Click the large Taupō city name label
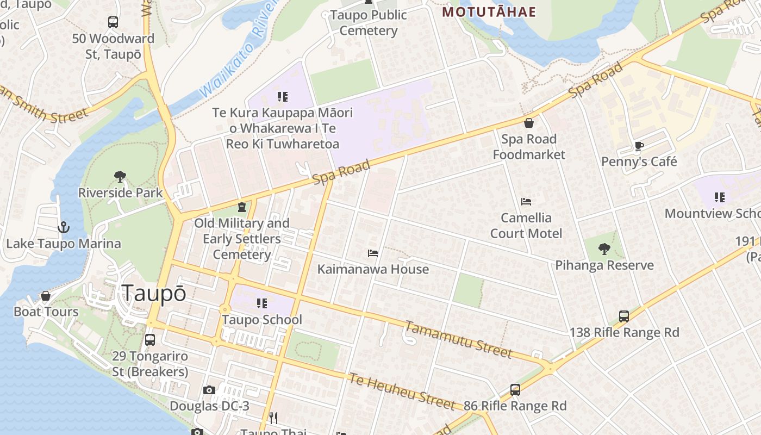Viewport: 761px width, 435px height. (x=154, y=293)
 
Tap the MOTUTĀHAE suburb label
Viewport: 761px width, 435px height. (x=489, y=12)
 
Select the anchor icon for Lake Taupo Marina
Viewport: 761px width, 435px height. (x=64, y=227)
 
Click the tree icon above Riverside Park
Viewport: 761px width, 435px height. (x=120, y=176)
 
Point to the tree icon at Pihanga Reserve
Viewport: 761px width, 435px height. (x=604, y=249)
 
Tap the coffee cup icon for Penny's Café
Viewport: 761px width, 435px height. (x=639, y=146)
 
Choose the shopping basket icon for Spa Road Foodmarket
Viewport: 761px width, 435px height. (x=528, y=123)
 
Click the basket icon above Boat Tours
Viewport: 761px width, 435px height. (x=46, y=296)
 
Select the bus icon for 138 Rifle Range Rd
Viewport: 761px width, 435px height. (x=624, y=316)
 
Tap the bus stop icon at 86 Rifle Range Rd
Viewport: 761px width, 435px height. (x=515, y=390)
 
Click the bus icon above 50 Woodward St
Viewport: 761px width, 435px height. (x=113, y=22)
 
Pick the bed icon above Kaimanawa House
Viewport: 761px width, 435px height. (x=373, y=253)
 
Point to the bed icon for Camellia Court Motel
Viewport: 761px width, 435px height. (x=526, y=202)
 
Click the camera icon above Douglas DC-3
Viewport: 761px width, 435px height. (x=209, y=390)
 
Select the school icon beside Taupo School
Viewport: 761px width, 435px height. (x=262, y=303)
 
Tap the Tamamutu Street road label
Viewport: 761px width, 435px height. (x=458, y=339)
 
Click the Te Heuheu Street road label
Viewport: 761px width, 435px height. (x=401, y=390)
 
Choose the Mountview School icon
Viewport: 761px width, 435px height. (x=720, y=197)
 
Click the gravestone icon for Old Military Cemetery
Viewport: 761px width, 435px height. (x=242, y=207)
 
